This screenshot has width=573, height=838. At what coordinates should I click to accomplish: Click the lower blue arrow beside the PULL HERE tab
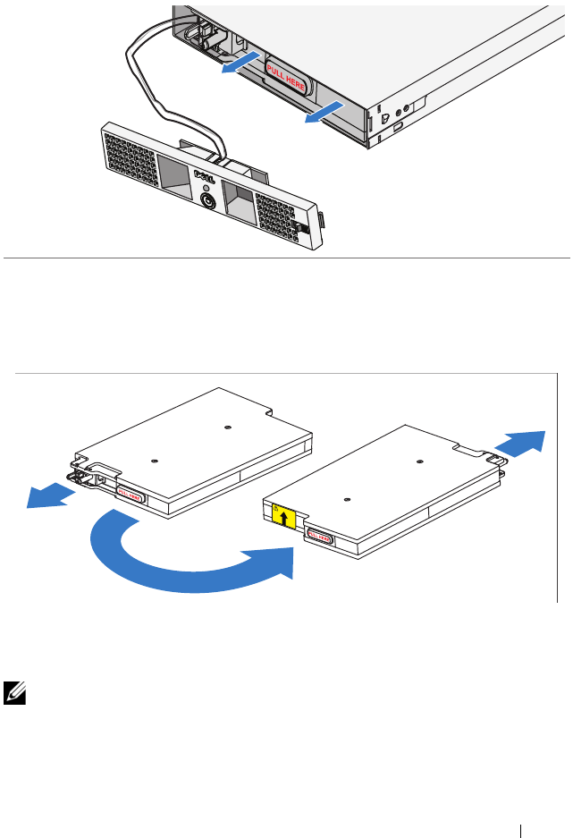pyautogui.click(x=323, y=112)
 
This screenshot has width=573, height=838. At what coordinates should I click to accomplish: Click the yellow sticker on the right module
pyautogui.click(x=285, y=517)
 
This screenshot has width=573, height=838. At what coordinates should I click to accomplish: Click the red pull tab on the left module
pyautogui.click(x=131, y=495)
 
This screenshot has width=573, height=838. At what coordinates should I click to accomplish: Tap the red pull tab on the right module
pyautogui.click(x=319, y=538)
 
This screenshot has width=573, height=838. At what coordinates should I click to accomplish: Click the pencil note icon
pyautogui.click(x=14, y=690)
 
